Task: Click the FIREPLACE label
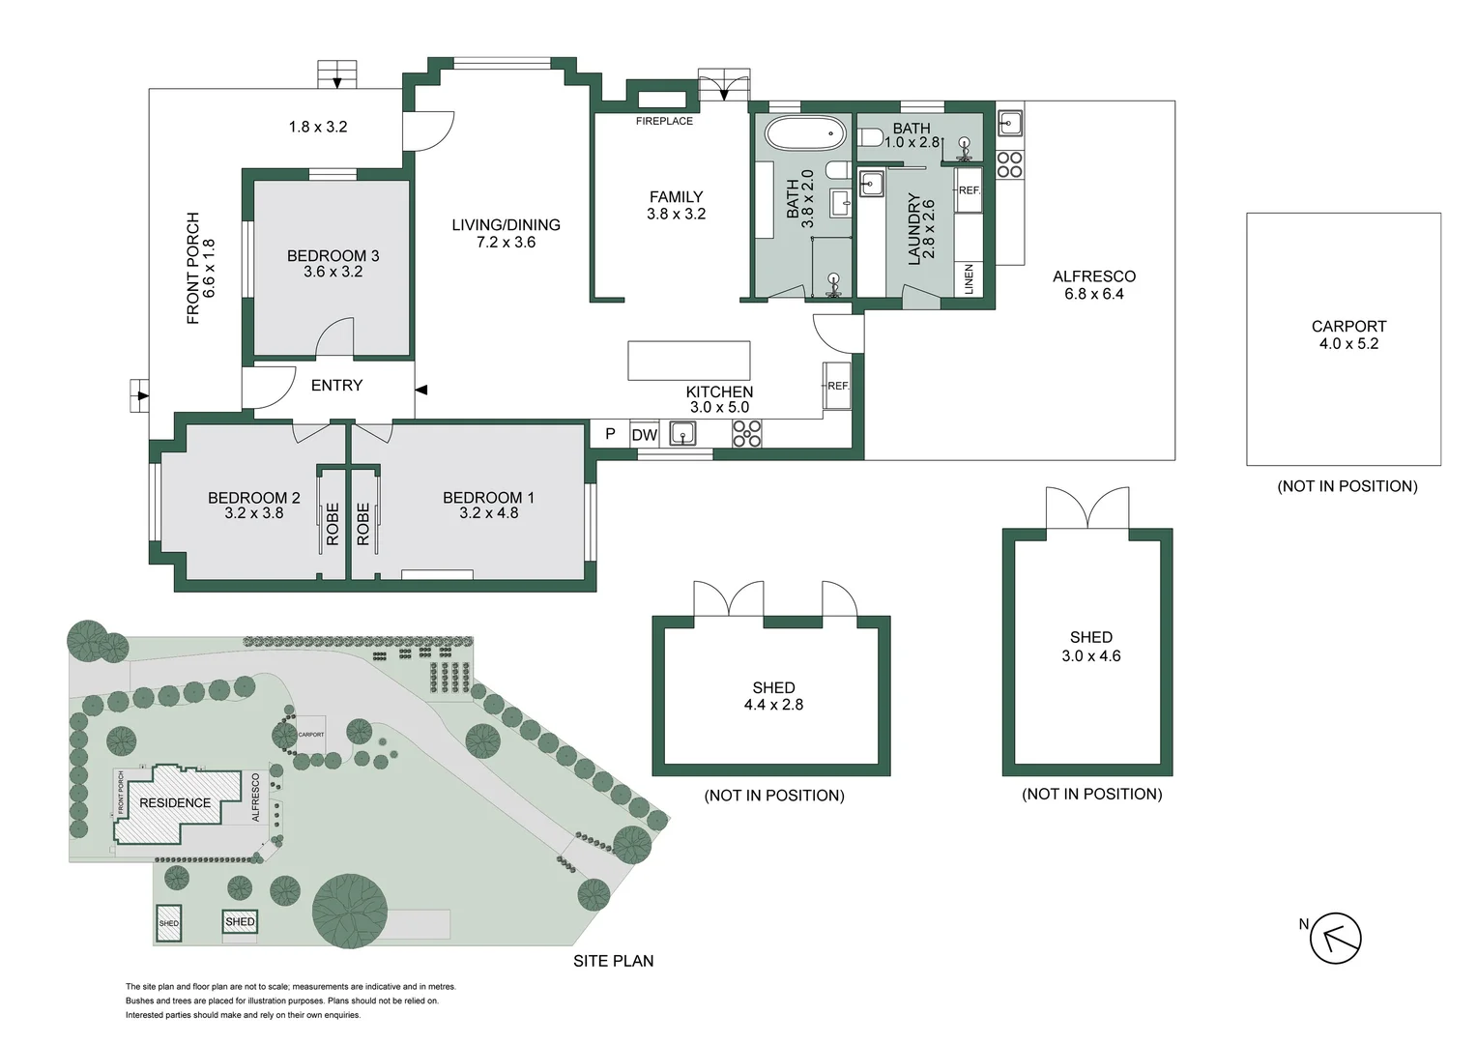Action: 664,122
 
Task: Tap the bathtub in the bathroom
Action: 804,133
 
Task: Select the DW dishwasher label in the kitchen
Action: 644,435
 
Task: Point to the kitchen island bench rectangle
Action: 688,361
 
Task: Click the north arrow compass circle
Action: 1335,938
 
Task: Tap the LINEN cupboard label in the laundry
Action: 969,279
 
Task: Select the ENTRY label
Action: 336,385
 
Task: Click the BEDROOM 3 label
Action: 333,256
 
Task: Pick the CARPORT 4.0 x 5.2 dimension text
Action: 1348,343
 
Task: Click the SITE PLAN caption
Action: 613,961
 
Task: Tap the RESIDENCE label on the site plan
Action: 175,802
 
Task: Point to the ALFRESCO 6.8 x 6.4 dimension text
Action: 1094,294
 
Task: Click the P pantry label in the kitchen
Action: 610,434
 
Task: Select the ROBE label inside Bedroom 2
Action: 333,524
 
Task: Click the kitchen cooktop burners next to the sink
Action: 746,434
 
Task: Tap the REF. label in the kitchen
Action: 838,386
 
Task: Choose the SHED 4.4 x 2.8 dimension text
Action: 773,705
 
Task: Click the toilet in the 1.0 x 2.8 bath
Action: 870,137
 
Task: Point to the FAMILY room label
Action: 676,196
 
